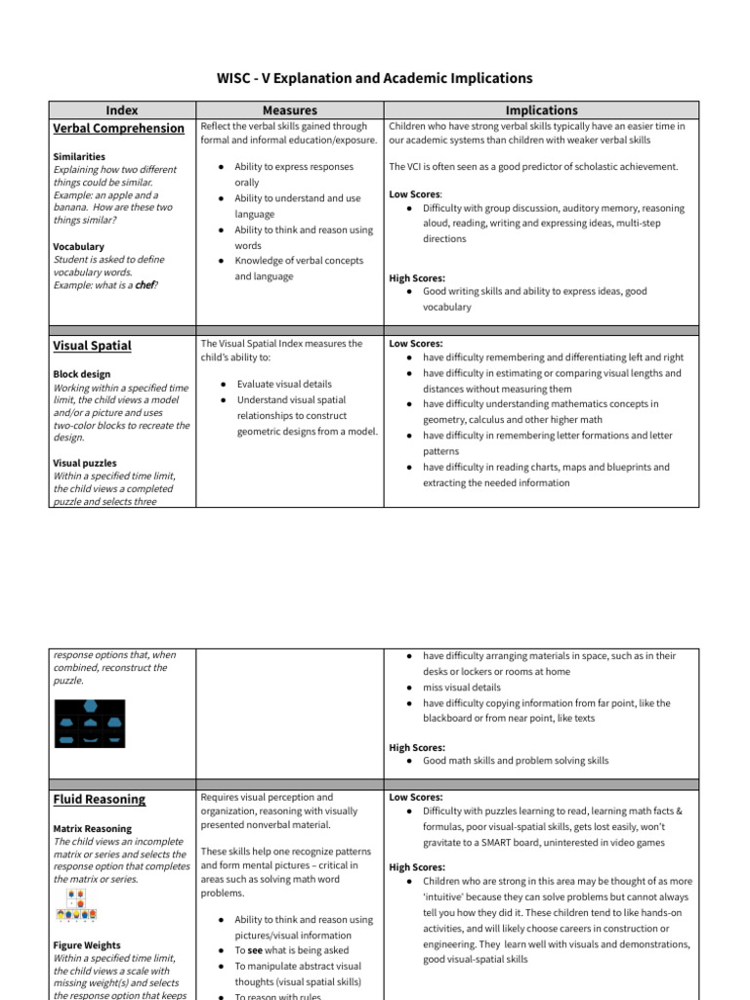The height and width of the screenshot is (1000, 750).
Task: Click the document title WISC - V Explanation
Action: [374, 78]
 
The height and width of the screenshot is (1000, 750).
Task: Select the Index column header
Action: [121, 110]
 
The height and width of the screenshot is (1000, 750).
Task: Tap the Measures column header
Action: [290, 110]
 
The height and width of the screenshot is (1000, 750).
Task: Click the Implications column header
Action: [541, 110]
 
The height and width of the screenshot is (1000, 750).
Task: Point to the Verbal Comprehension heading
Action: [118, 129]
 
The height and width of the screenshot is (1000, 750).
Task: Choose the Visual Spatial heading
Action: [92, 346]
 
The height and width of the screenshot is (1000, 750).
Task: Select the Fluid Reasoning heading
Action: [99, 800]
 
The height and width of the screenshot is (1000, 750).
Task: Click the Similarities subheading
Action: [79, 156]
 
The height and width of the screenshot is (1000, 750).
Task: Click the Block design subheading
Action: [82, 374]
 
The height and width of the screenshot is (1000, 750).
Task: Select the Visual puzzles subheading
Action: [85, 464]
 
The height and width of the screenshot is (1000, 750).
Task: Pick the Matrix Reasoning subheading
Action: [93, 828]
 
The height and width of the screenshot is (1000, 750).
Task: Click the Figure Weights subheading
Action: [87, 945]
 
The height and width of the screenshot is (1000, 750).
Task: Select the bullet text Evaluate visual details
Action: [284, 385]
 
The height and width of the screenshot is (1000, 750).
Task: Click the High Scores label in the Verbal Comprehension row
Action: [416, 278]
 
